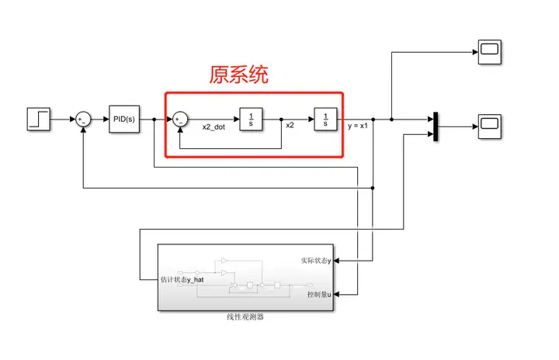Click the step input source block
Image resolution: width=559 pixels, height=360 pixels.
tap(39, 119)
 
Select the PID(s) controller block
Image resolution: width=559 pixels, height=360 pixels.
tap(124, 119)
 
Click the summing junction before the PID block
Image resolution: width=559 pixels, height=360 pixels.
tap(83, 119)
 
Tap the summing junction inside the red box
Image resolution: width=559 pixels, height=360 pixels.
tap(180, 119)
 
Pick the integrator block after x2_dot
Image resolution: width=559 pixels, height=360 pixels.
tap(251, 119)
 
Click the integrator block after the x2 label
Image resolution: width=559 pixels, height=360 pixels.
tap(325, 119)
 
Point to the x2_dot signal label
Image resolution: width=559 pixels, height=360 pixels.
tap(214, 127)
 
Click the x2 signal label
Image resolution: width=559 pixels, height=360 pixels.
tap(290, 125)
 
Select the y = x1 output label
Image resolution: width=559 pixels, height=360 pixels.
tap(358, 126)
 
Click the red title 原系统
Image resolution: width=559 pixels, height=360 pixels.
tap(238, 74)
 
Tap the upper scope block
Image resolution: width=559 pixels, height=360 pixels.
tap(490, 52)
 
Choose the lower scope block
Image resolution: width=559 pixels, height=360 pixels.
tap(490, 126)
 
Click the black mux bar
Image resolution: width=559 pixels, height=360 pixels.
tap(436, 126)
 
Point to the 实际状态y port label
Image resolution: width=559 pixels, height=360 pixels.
tap(316, 261)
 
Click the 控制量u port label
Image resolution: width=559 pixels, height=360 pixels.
tap(319, 294)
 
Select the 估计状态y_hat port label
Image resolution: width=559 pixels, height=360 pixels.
tap(182, 280)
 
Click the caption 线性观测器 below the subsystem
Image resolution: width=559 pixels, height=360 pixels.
tap(245, 317)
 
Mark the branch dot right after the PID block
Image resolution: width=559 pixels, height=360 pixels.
tap(154, 119)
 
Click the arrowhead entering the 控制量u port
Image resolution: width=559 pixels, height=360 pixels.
tap(336, 295)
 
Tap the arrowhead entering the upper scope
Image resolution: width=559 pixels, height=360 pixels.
tap(476, 52)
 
